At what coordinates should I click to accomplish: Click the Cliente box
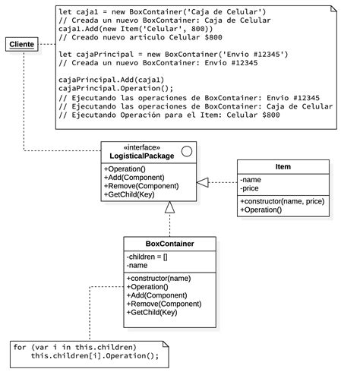(21, 45)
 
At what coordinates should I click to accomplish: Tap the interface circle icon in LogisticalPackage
(186, 152)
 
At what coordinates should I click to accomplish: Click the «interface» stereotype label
(137, 147)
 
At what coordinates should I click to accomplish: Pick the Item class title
(282, 166)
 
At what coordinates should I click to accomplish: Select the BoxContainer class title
(169, 244)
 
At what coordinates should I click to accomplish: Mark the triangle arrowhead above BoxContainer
(170, 207)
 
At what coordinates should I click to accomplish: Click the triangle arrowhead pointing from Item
(202, 182)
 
